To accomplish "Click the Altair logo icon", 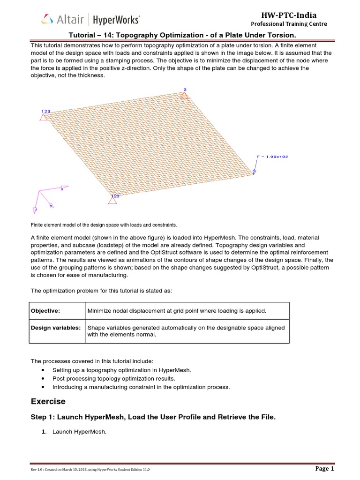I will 47,19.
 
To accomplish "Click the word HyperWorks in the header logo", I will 116,20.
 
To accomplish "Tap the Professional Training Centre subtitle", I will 289,24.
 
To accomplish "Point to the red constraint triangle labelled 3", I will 185,96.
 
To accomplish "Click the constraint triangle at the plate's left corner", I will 44,117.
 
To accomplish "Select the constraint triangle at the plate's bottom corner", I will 112,200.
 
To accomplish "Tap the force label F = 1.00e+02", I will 273,157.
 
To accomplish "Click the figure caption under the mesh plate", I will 104,225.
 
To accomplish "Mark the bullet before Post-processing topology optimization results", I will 44,379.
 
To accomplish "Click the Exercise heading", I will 48,401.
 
